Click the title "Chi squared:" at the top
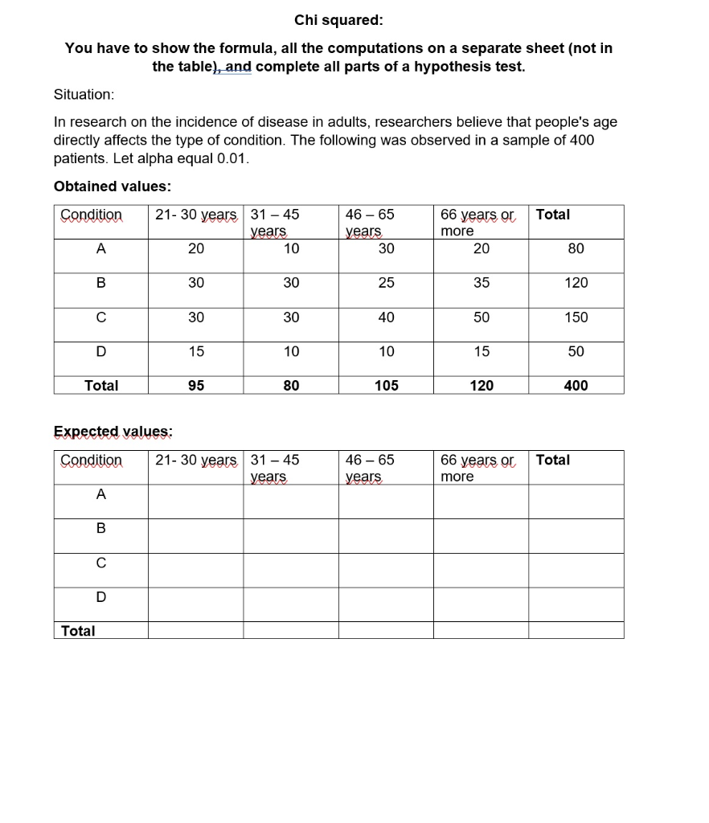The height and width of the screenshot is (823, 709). pyautogui.click(x=338, y=19)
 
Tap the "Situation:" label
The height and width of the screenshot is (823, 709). pyautogui.click(x=84, y=94)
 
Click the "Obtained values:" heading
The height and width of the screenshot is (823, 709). pyautogui.click(x=112, y=186)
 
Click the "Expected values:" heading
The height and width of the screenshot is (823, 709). pyautogui.click(x=113, y=432)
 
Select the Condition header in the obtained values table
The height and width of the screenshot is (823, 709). pyautogui.click(x=92, y=215)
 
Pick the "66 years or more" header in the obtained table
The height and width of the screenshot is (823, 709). pyautogui.click(x=477, y=222)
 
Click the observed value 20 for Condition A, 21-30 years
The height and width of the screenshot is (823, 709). pyautogui.click(x=195, y=249)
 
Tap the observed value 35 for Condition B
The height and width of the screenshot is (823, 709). pyautogui.click(x=481, y=283)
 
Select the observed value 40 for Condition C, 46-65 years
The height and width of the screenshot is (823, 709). pyautogui.click(x=386, y=317)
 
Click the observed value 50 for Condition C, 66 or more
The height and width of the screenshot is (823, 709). pyautogui.click(x=481, y=317)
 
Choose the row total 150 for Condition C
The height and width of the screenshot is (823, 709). pyautogui.click(x=576, y=317)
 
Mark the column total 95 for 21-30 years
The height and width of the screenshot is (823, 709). pyautogui.click(x=195, y=386)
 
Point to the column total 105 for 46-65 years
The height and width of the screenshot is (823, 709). pyautogui.click(x=386, y=386)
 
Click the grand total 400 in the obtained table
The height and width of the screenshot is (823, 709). pyautogui.click(x=576, y=386)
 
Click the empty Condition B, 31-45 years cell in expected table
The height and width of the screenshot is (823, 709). pyautogui.click(x=290, y=535)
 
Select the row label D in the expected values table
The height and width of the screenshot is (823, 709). pyautogui.click(x=100, y=597)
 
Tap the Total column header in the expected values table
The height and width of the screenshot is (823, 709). pyautogui.click(x=553, y=460)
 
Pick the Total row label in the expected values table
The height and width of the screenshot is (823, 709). pyautogui.click(x=78, y=631)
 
